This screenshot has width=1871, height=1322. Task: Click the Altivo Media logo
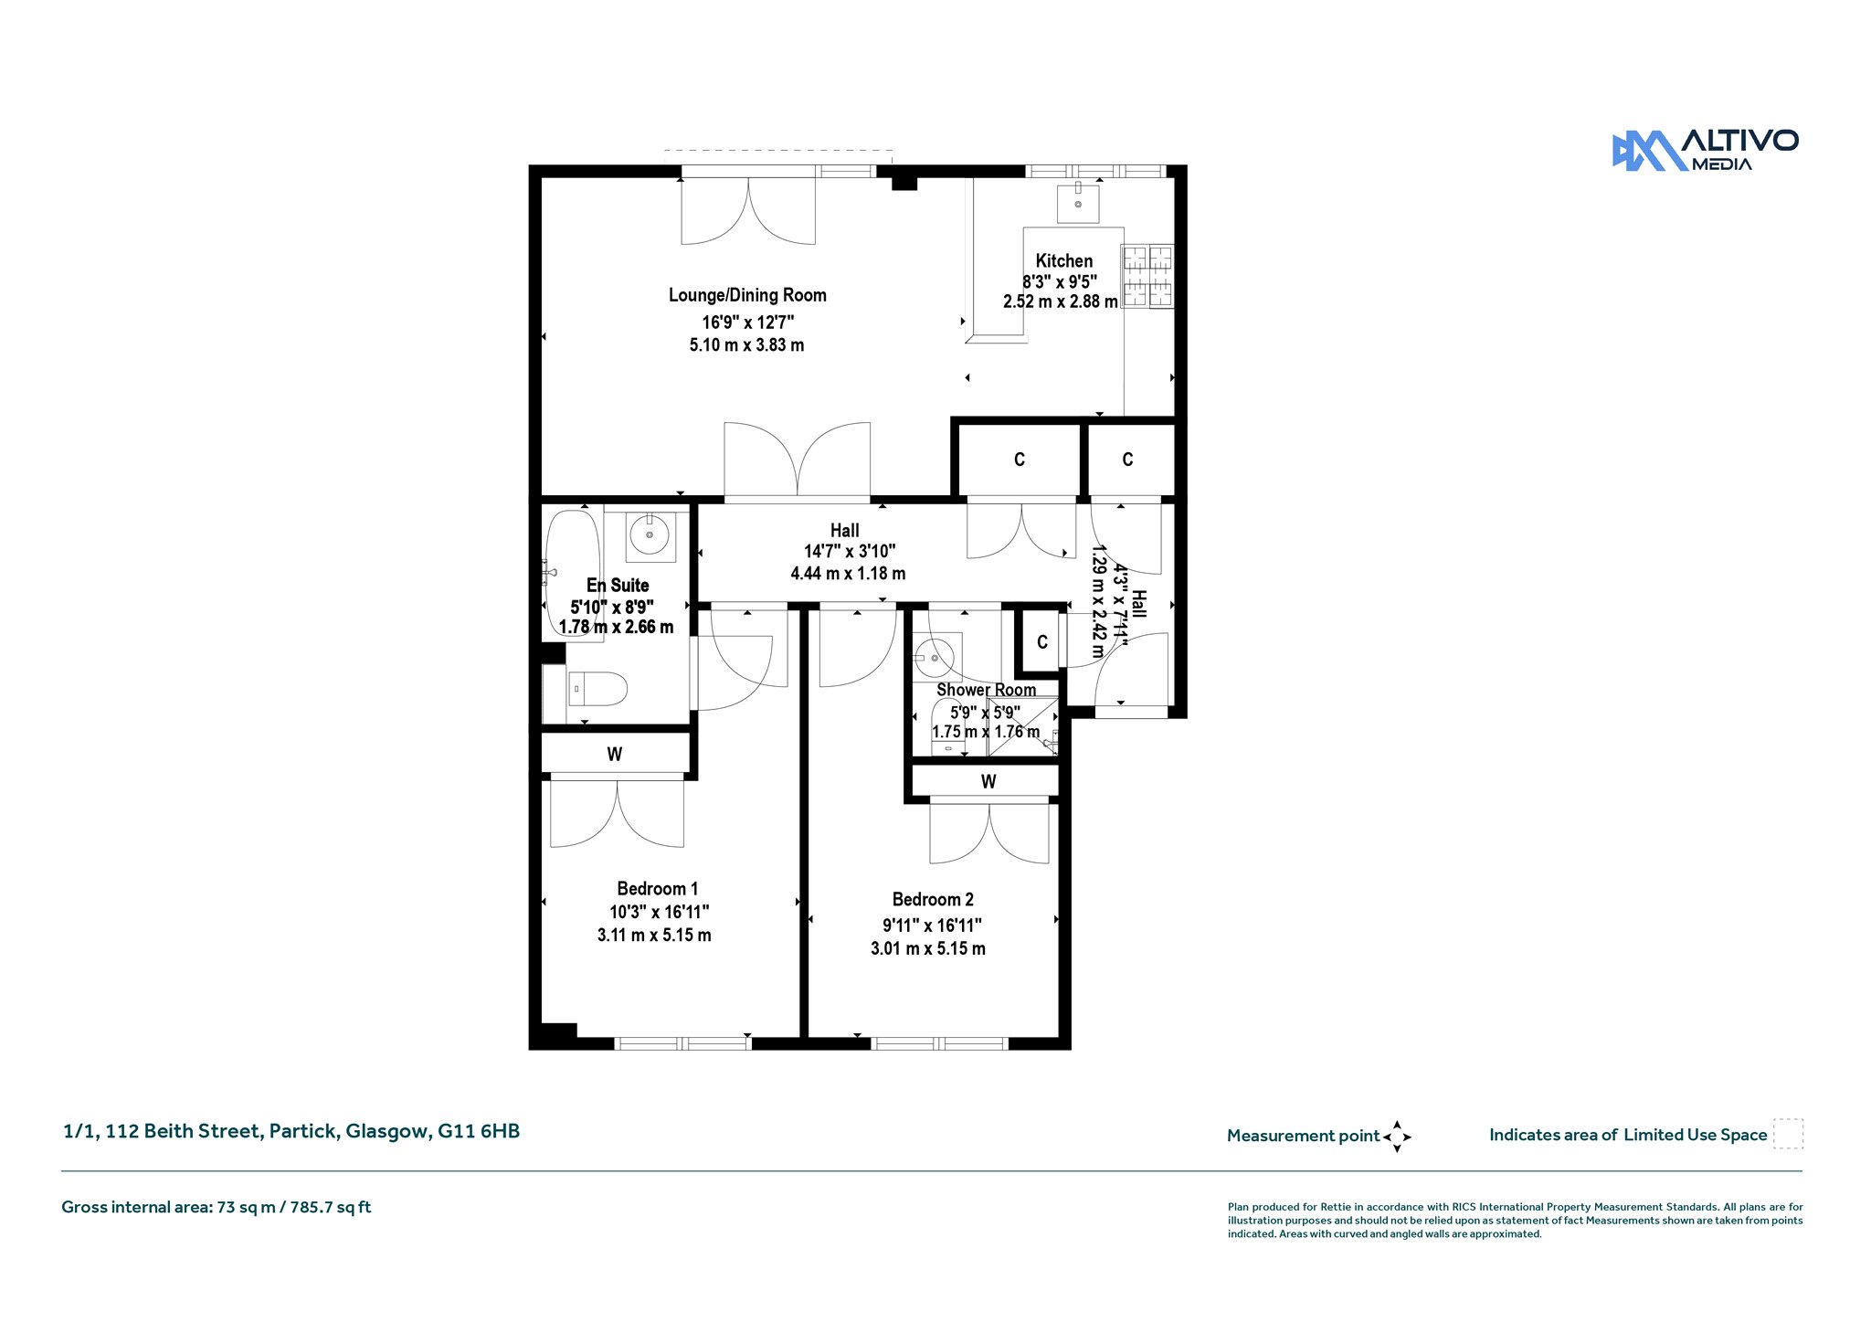pos(1705,151)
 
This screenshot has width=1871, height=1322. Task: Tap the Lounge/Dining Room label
pos(747,295)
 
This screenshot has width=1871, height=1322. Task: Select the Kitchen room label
pos(1063,261)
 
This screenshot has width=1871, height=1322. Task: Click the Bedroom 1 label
pos(657,889)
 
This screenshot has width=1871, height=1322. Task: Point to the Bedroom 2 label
pos(933,900)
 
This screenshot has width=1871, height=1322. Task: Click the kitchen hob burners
pos(1147,276)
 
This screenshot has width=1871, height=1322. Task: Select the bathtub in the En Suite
pos(573,575)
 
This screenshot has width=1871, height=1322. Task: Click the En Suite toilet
pos(596,689)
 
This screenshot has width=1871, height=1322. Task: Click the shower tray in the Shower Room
pos(1022,726)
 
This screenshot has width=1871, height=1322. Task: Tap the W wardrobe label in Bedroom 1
pos(615,755)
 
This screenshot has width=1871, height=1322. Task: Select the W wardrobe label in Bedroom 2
pos(988,782)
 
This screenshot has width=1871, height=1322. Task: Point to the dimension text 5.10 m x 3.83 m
pos(746,345)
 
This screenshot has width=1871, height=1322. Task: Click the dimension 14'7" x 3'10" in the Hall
pos(850,552)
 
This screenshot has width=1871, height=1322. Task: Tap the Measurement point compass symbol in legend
pos(1397,1137)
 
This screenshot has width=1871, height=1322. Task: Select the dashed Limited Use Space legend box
pos(1788,1134)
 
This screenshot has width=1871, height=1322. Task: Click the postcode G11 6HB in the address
pos(479,1131)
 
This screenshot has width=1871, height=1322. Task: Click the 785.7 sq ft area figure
pos(331,1208)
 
